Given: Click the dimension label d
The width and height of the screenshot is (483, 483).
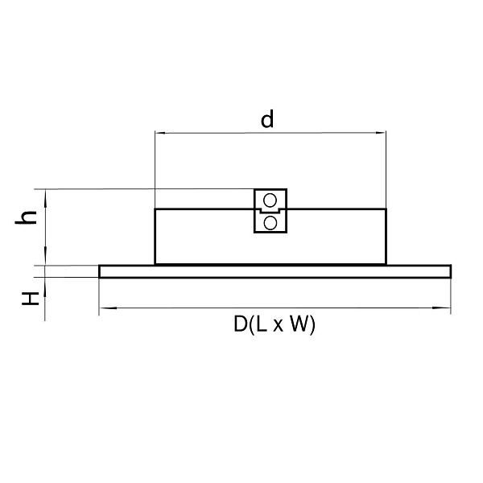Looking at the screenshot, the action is point(267,120).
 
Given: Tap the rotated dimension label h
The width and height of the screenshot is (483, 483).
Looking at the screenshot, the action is point(27,218).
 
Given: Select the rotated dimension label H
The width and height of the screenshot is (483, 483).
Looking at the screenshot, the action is point(31,299).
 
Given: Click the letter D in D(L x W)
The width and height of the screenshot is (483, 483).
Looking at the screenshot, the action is point(240,324).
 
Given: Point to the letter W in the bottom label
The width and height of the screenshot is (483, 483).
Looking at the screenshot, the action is point(299,324).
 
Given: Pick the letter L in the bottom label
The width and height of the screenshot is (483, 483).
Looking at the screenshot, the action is point(261,324).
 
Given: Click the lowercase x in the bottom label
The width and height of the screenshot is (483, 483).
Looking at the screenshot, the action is point(278,326).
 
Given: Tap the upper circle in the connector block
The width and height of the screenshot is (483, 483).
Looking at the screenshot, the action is point(270,200).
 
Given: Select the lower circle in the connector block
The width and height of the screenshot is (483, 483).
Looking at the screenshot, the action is point(270,223).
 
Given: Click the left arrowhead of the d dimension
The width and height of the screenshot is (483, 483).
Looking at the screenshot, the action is point(161,133).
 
